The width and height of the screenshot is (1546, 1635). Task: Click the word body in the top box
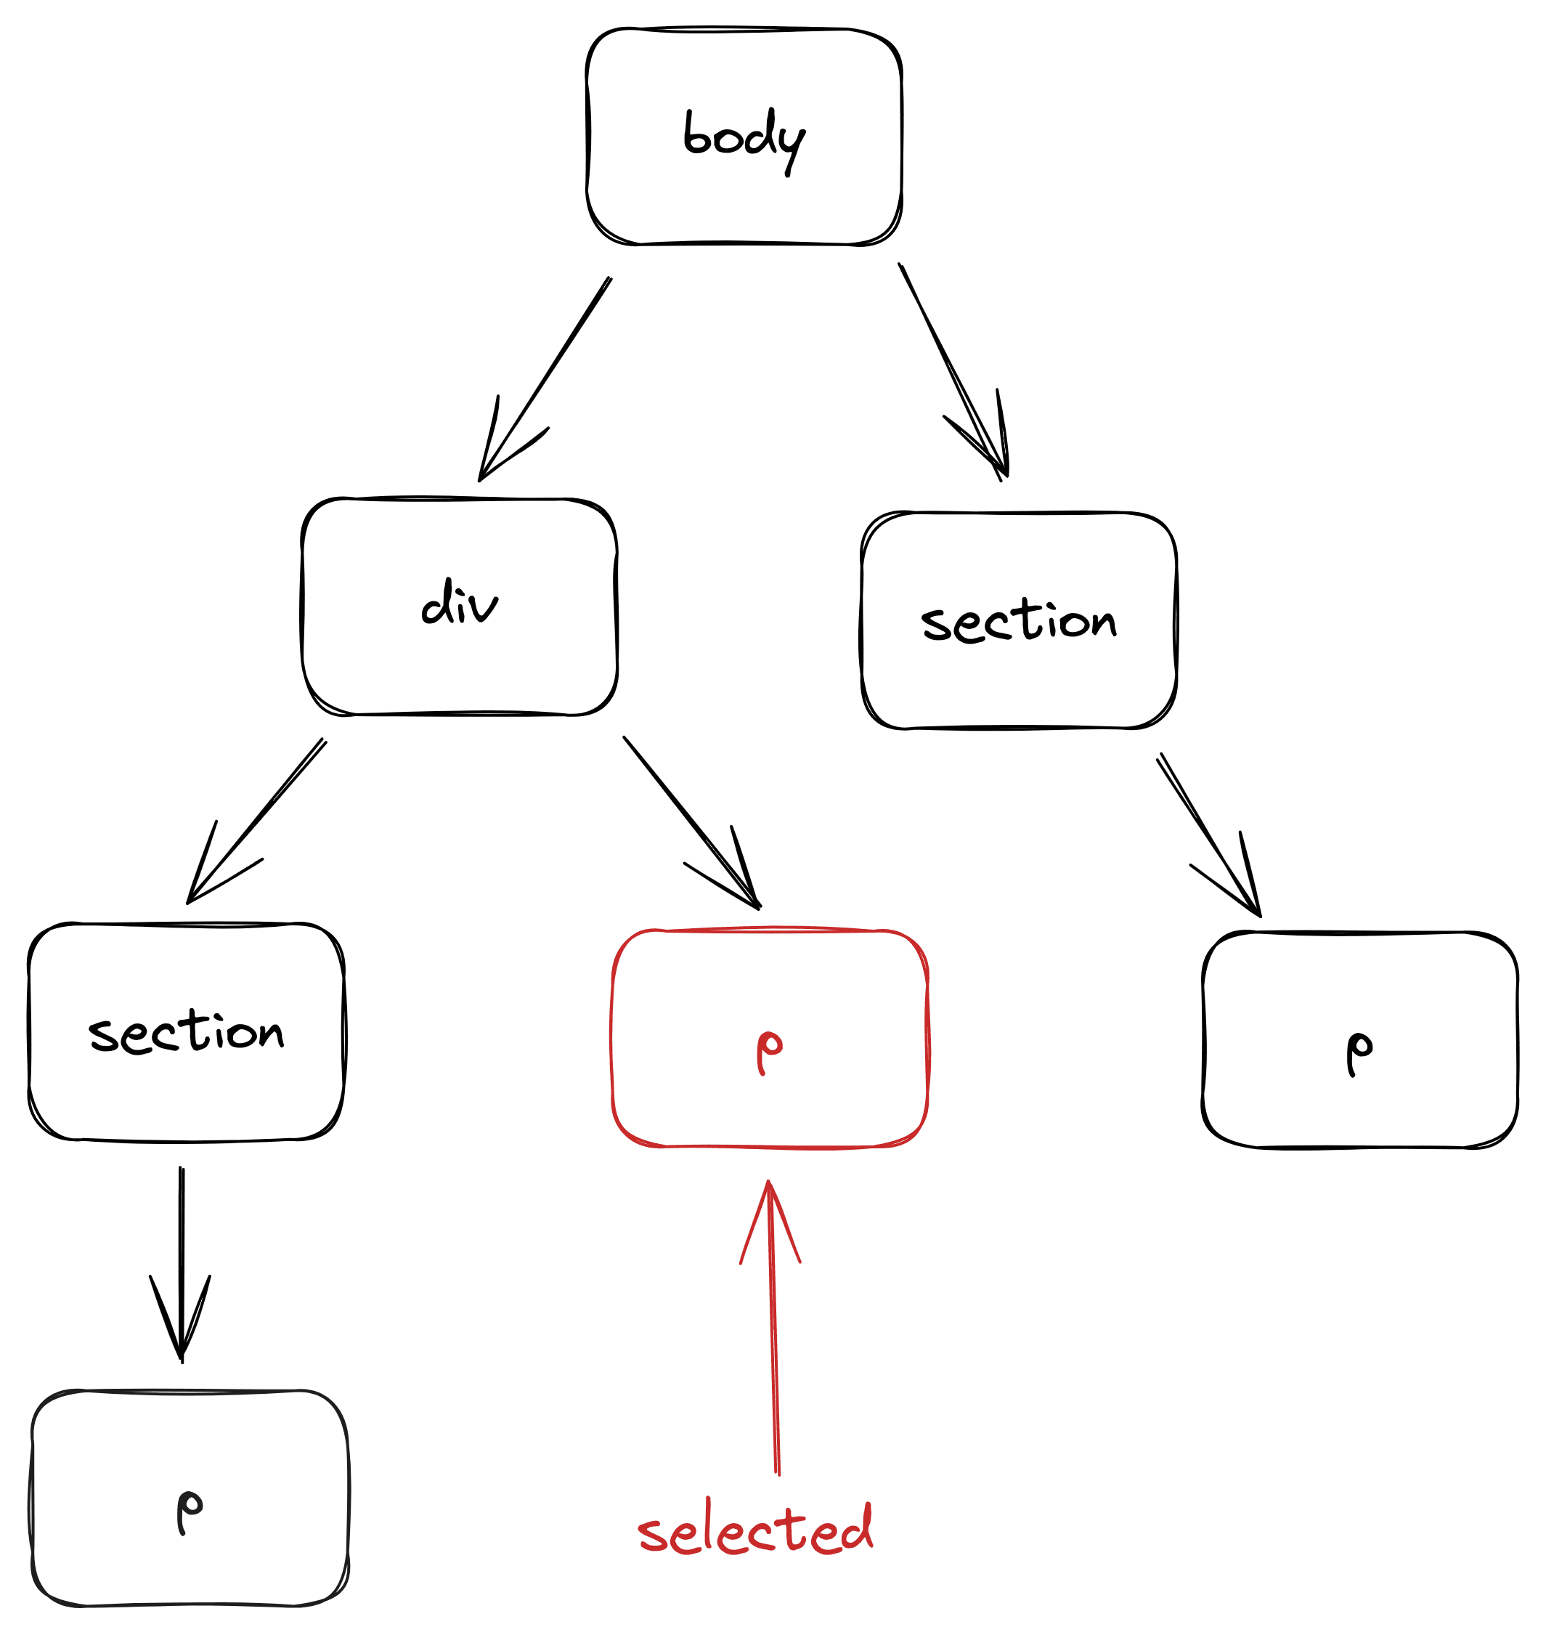[744, 137]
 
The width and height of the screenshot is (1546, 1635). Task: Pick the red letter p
[769, 1052]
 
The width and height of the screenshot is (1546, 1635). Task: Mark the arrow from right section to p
[1208, 832]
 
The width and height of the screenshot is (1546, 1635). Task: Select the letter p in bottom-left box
[189, 1511]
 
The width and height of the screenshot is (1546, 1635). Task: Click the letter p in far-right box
[1359, 1052]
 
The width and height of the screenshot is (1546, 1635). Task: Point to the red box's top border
[770, 930]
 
